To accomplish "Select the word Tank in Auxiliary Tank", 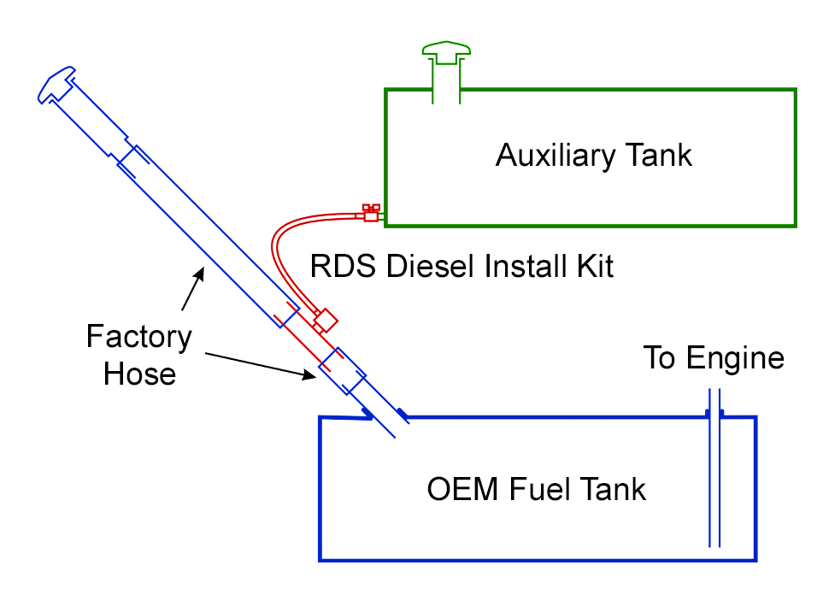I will [x=658, y=156].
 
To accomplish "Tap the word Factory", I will [x=138, y=338].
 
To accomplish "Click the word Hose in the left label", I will [x=139, y=374].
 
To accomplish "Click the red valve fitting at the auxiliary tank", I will [x=370, y=213].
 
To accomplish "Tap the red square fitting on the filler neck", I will [x=325, y=322].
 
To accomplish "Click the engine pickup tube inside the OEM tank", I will [x=714, y=479].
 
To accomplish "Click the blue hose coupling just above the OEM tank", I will [x=342, y=369].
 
